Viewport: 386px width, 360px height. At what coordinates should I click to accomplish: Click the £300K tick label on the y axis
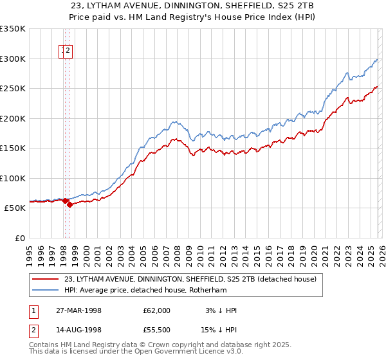(x=13, y=59)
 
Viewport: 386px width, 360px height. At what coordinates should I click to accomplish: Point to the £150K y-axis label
(x=13, y=148)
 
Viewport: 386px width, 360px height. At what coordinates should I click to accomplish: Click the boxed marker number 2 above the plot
(x=68, y=53)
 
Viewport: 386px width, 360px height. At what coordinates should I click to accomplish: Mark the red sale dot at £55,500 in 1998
(x=69, y=205)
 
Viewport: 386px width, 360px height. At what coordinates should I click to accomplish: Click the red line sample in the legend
(x=45, y=280)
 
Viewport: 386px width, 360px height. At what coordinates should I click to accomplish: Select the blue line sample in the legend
(x=45, y=290)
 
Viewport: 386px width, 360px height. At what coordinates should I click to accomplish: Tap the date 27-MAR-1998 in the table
(x=92, y=310)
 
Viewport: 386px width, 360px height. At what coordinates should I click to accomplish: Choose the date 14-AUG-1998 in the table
(x=92, y=331)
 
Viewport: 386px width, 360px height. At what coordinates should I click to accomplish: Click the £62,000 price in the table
(x=157, y=310)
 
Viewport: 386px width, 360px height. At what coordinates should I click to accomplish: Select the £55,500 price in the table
(x=157, y=331)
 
